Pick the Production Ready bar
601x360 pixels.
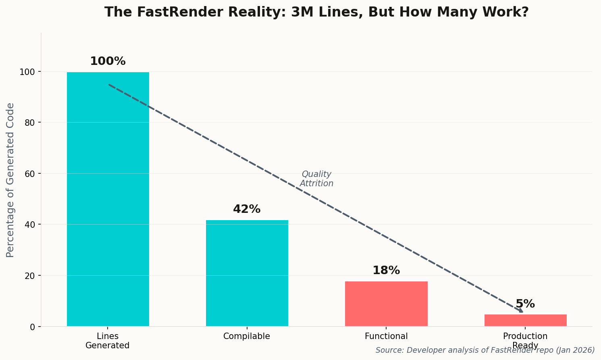tap(525, 320)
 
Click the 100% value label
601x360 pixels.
tap(108, 61)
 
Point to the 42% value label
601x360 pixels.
tap(247, 209)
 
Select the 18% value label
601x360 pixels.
tap(386, 271)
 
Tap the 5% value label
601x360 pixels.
tap(525, 304)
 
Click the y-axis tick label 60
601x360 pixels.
tap(30, 174)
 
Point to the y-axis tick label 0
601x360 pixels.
tap(33, 327)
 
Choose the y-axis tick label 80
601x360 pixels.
tap(30, 123)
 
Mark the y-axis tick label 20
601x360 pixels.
tap(30, 276)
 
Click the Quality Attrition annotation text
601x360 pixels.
tap(316, 179)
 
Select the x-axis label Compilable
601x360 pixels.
tap(247, 336)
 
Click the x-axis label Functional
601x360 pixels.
tap(386, 336)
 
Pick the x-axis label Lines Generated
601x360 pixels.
tap(108, 341)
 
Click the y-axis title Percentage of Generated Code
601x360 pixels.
tap(10, 180)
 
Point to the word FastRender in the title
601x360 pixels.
tap(182, 12)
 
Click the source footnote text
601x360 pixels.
tap(485, 350)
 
